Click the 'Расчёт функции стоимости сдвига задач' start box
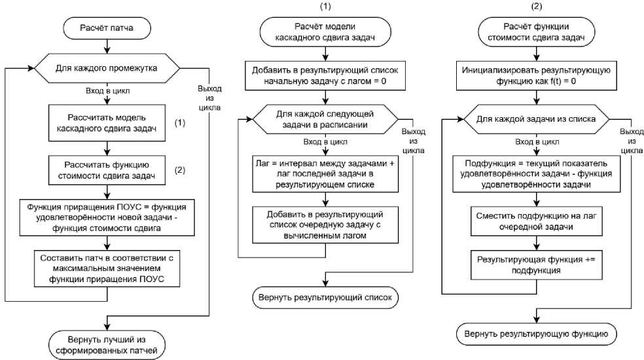click(537, 31)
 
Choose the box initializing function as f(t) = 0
click(537, 77)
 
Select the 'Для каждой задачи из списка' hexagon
click(537, 119)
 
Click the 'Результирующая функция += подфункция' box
click(537, 265)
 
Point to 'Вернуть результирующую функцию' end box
click(537, 333)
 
